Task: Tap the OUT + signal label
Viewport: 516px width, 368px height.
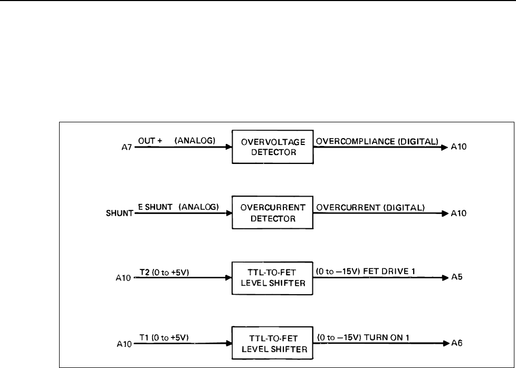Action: (x=150, y=140)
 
